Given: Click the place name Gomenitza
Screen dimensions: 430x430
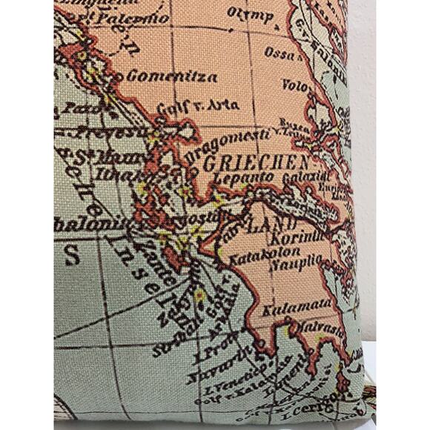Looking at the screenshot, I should [172, 76].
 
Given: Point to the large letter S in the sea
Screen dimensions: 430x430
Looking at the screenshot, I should [72, 257].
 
